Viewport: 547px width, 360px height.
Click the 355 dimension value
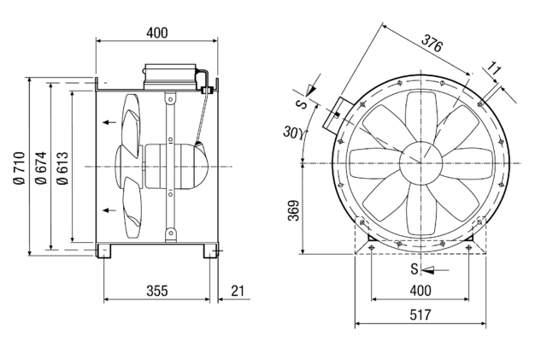(156, 291)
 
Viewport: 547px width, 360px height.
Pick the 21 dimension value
(237, 291)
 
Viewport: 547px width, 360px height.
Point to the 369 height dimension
(292, 210)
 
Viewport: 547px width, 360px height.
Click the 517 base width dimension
(419, 315)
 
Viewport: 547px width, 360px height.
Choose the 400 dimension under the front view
(419, 291)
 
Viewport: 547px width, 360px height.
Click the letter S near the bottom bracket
(414, 269)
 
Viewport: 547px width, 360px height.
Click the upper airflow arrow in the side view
(110, 123)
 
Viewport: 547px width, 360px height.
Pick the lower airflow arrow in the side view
(110, 210)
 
